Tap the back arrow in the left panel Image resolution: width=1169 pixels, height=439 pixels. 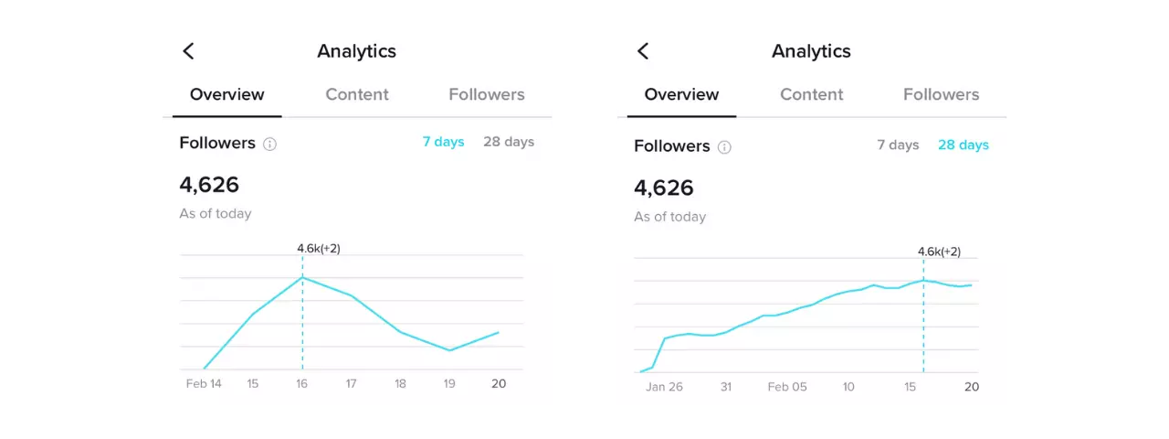click(188, 51)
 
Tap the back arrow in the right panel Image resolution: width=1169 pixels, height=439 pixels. click(643, 51)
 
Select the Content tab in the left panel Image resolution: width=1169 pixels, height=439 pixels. click(357, 94)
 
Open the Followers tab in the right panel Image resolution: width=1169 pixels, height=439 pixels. click(941, 94)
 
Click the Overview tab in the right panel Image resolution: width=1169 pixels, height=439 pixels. click(681, 94)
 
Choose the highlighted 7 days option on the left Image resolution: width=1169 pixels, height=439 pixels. click(443, 142)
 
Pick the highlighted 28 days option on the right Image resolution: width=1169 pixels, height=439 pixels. click(963, 145)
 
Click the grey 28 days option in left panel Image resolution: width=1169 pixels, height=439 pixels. click(509, 142)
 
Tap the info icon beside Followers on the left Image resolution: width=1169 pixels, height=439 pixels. click(269, 144)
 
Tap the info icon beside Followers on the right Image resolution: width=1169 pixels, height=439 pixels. click(724, 147)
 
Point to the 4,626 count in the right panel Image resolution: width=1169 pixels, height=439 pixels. click(664, 188)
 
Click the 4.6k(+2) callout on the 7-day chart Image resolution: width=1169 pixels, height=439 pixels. click(319, 249)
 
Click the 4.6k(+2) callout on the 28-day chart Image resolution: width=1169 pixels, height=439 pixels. click(939, 252)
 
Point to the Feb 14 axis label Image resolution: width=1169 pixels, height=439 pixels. click(204, 384)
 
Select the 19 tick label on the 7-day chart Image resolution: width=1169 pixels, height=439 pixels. click(449, 384)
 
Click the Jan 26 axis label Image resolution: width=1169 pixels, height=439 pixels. click(664, 387)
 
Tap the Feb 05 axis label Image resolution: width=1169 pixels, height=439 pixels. click(787, 387)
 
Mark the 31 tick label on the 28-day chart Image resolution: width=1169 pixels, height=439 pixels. click(726, 387)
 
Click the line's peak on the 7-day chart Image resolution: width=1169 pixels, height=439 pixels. click(302, 277)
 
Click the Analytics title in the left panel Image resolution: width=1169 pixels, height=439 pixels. click(356, 51)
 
